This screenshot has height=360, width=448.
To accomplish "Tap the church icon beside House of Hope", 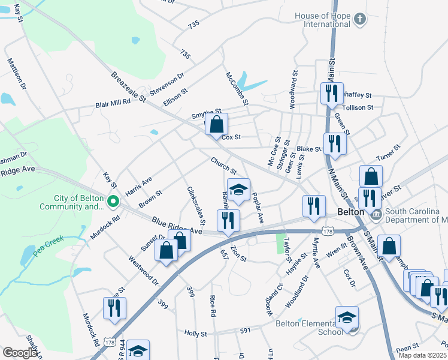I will [359, 19].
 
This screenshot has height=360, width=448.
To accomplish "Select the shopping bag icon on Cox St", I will [217, 125].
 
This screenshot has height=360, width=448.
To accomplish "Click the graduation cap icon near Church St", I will [238, 190].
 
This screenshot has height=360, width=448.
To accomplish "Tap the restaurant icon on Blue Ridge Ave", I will [228, 220].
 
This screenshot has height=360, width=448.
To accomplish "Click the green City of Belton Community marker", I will [112, 202].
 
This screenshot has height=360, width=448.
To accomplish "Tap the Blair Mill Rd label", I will [113, 103].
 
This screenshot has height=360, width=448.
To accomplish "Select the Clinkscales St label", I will [195, 205].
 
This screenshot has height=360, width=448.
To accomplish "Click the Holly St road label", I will [195, 333].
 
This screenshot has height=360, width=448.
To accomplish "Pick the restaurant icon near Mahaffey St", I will [331, 94].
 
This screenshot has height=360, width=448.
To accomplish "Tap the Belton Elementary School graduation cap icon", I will [347, 318].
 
